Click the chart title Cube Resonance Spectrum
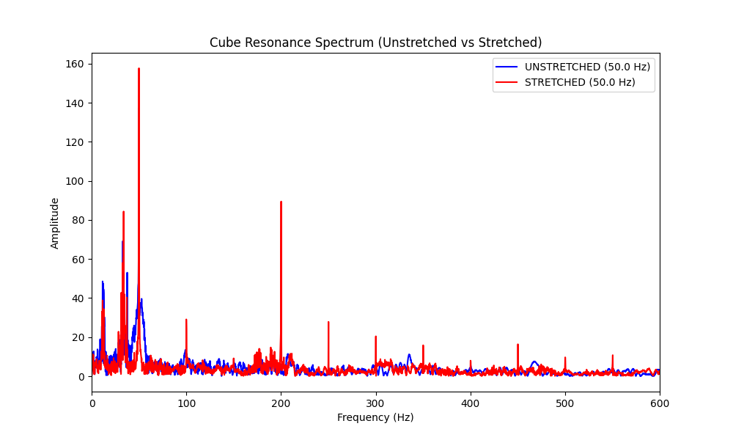coord(375,43)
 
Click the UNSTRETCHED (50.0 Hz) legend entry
coord(587,67)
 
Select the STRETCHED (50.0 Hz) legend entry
coord(580,82)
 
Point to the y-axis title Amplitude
coord(55,223)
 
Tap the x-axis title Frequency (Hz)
coord(375,417)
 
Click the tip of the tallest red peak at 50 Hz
coord(139,69)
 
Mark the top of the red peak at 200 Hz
coord(281,202)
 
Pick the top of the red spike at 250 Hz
coord(328,322)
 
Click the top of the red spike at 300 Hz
coord(375,337)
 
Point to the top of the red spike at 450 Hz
coord(517,345)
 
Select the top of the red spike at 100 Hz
coord(186,320)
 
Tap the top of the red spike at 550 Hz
coord(613,356)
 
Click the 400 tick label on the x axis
coord(470,403)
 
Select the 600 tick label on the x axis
coord(659,403)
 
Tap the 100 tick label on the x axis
coord(186,403)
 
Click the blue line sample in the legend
coord(507,67)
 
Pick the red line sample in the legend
coord(507,82)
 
